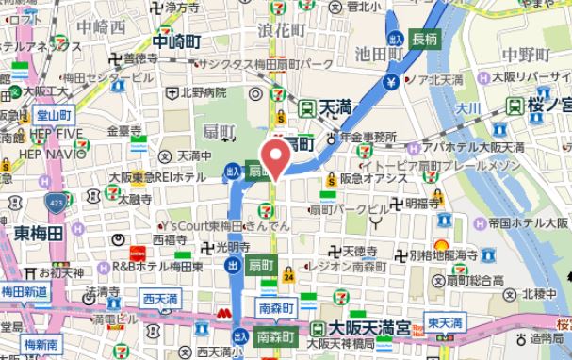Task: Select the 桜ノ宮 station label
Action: (547, 104)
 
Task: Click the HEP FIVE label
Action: (57, 132)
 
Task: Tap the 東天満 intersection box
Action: (443, 322)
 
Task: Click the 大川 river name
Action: (466, 111)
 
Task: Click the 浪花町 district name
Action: (279, 31)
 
